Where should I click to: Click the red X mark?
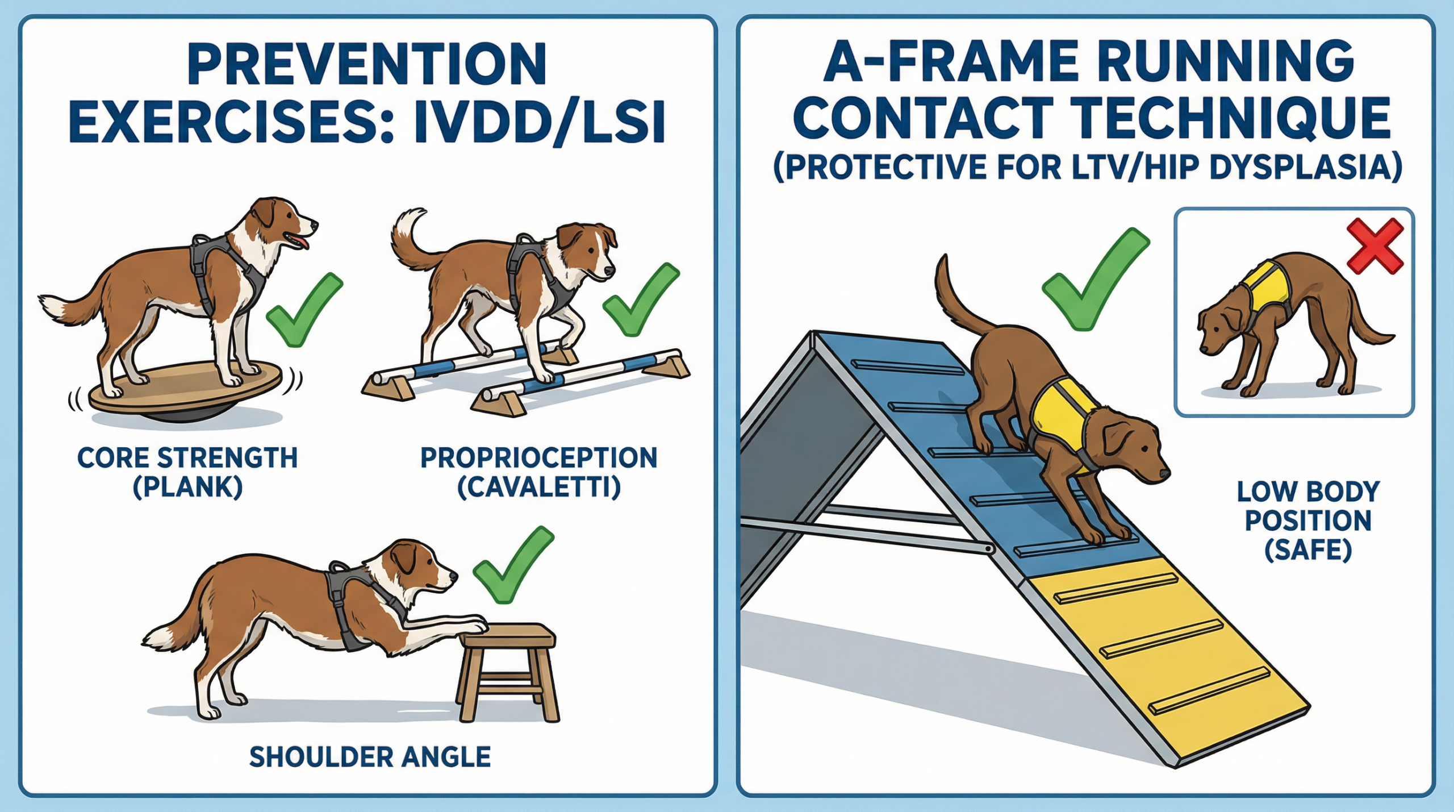pos(1374,247)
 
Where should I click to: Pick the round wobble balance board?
pos(185,392)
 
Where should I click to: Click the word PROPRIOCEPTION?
pos(538,458)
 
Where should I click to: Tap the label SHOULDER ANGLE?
pos(370,757)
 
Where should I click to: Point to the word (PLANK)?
pos(187,488)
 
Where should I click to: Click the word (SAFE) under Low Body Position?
pos(1308,549)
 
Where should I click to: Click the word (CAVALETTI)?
pos(539,488)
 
